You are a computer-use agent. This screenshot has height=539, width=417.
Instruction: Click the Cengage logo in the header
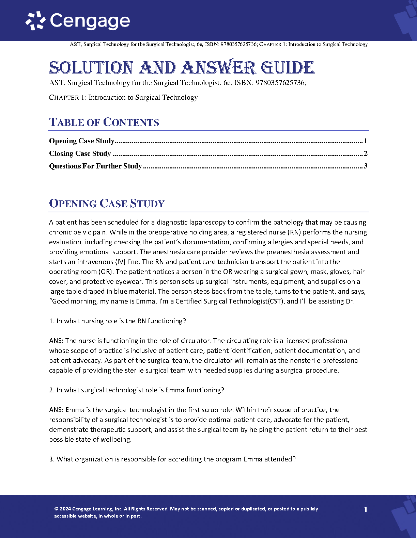pyautogui.click(x=78, y=21)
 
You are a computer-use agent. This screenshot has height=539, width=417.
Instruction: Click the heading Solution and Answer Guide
pyautogui.click(x=182, y=67)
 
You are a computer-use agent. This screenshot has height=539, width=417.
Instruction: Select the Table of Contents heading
pyautogui.click(x=104, y=122)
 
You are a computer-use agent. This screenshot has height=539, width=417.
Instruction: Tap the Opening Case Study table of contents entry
pyautogui.click(x=82, y=141)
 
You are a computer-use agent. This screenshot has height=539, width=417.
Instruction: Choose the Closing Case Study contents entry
pyautogui.click(x=80, y=153)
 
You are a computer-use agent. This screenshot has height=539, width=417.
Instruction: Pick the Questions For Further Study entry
pyautogui.click(x=95, y=166)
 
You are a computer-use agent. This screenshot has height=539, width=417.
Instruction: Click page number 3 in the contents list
pyautogui.click(x=366, y=166)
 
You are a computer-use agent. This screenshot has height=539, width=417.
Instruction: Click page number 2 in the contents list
pyautogui.click(x=366, y=153)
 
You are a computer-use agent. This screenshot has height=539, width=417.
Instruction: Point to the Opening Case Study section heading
pyautogui.click(x=107, y=203)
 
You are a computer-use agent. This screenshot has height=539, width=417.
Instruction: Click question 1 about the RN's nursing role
pyautogui.click(x=118, y=321)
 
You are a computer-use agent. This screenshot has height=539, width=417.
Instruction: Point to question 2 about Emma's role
pyautogui.click(x=136, y=390)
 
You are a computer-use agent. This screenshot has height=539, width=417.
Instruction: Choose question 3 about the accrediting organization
pyautogui.click(x=172, y=459)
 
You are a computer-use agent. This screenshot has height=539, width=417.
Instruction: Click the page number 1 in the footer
pyautogui.click(x=366, y=509)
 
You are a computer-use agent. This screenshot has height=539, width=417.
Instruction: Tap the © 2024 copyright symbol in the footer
pyautogui.click(x=56, y=509)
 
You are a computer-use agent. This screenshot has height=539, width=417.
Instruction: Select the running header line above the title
pyautogui.click(x=219, y=44)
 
